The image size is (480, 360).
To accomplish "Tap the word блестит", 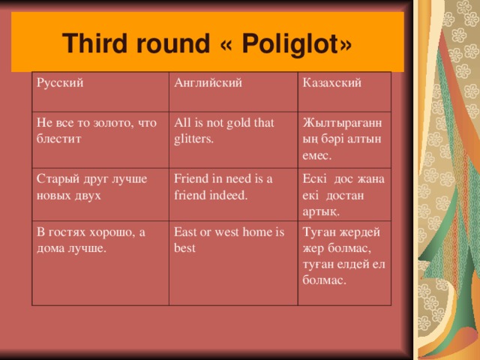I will pyautogui.click(x=59, y=139).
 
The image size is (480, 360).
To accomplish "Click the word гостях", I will pyautogui.click(x=68, y=232).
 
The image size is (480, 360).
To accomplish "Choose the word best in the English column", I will pyautogui.click(x=185, y=247).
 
